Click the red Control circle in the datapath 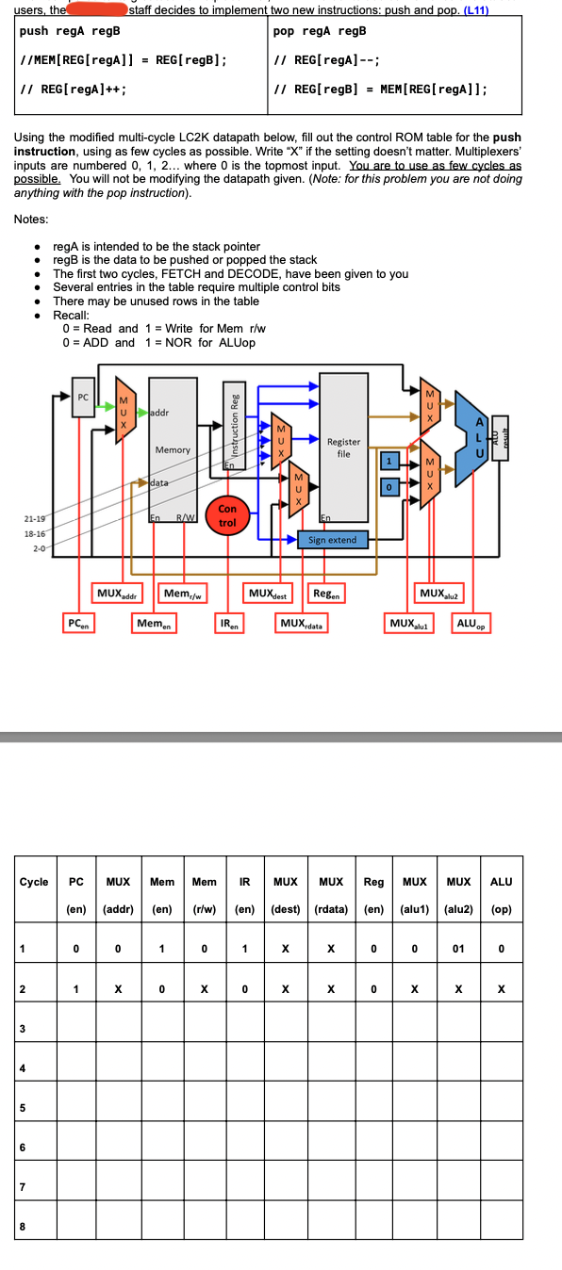pos(227,515)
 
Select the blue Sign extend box pos(332,540)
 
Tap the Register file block pos(343,447)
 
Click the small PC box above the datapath pos(83,398)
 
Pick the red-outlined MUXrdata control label pos(302,624)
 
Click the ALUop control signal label pos(471,624)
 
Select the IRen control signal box pos(229,624)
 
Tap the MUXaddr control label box pos(118,594)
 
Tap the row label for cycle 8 pos(22,1225)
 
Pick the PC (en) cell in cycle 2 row pos(76,989)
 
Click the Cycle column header pos(34,882)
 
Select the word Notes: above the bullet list pos(32,220)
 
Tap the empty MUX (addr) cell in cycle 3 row pos(118,1028)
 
